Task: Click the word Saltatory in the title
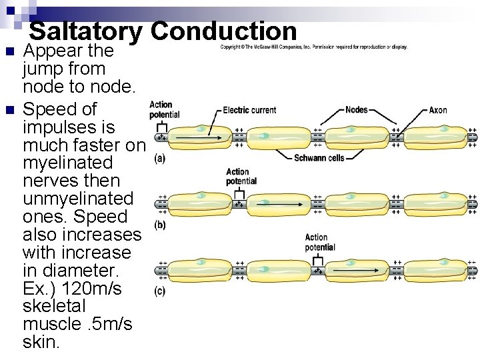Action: pyautogui.click(x=86, y=31)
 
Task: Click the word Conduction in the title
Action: pyautogui.click(x=223, y=31)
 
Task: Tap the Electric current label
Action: pyautogui.click(x=249, y=110)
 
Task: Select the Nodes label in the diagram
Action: pyautogui.click(x=357, y=109)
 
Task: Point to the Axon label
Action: pyautogui.click(x=438, y=110)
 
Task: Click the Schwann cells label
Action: pyautogui.click(x=319, y=158)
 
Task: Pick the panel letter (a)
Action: pyautogui.click(x=160, y=159)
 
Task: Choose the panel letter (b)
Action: pyautogui.click(x=160, y=225)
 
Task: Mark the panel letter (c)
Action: pyautogui.click(x=160, y=291)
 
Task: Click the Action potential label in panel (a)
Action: pyautogui.click(x=164, y=109)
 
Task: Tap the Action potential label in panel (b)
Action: pyautogui.click(x=241, y=177)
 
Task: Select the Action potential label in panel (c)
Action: pyautogui.click(x=320, y=242)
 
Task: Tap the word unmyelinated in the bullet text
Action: pyautogui.click(x=77, y=199)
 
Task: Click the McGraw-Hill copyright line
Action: pyautogui.click(x=313, y=47)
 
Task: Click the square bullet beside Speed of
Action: pyautogui.click(x=8, y=109)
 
